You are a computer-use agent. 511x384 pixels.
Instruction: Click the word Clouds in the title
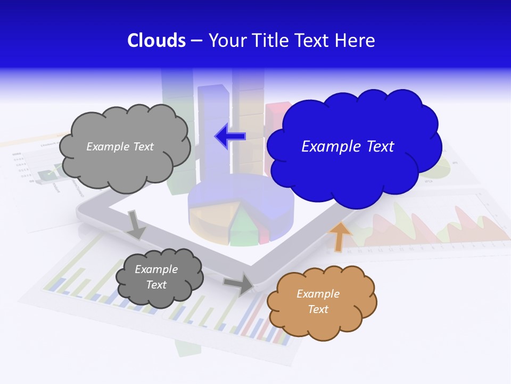(156, 41)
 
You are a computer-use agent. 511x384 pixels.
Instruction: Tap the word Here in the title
(355, 41)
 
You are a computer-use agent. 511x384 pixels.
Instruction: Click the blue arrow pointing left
(230, 136)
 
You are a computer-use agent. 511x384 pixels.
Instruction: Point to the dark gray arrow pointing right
(239, 284)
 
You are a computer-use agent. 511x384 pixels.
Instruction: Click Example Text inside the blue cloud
(348, 147)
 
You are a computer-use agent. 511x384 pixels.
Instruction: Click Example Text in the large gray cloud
(120, 147)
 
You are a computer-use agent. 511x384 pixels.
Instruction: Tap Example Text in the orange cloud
(318, 301)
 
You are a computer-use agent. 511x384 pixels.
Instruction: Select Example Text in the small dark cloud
(156, 277)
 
